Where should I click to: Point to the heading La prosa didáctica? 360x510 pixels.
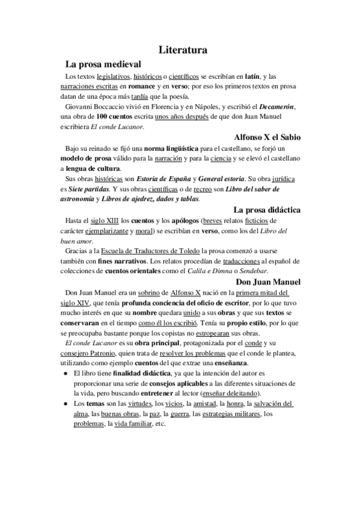point(267,210)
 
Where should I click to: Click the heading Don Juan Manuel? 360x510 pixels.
point(269,281)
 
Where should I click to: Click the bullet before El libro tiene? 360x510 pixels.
point(65,373)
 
